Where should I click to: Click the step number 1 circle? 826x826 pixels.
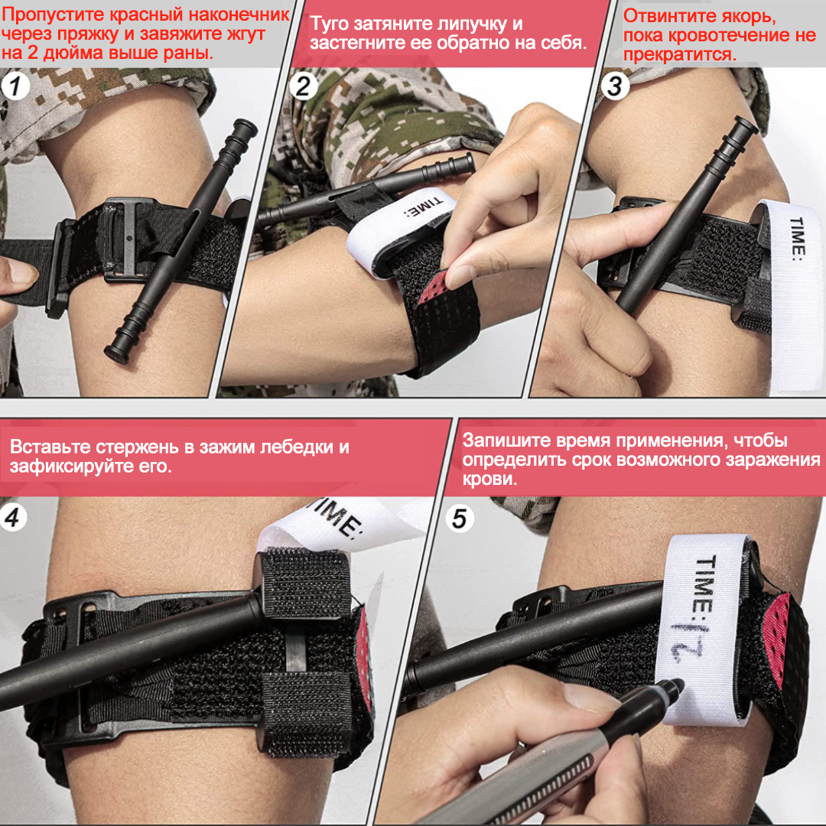tap(15, 86)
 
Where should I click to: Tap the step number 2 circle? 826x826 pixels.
tap(304, 86)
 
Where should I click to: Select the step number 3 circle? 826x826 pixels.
tap(615, 86)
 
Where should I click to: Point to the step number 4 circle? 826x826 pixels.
tap(13, 517)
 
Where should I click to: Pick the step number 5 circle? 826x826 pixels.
tap(460, 519)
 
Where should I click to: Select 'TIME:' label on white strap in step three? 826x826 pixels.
tap(797, 236)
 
